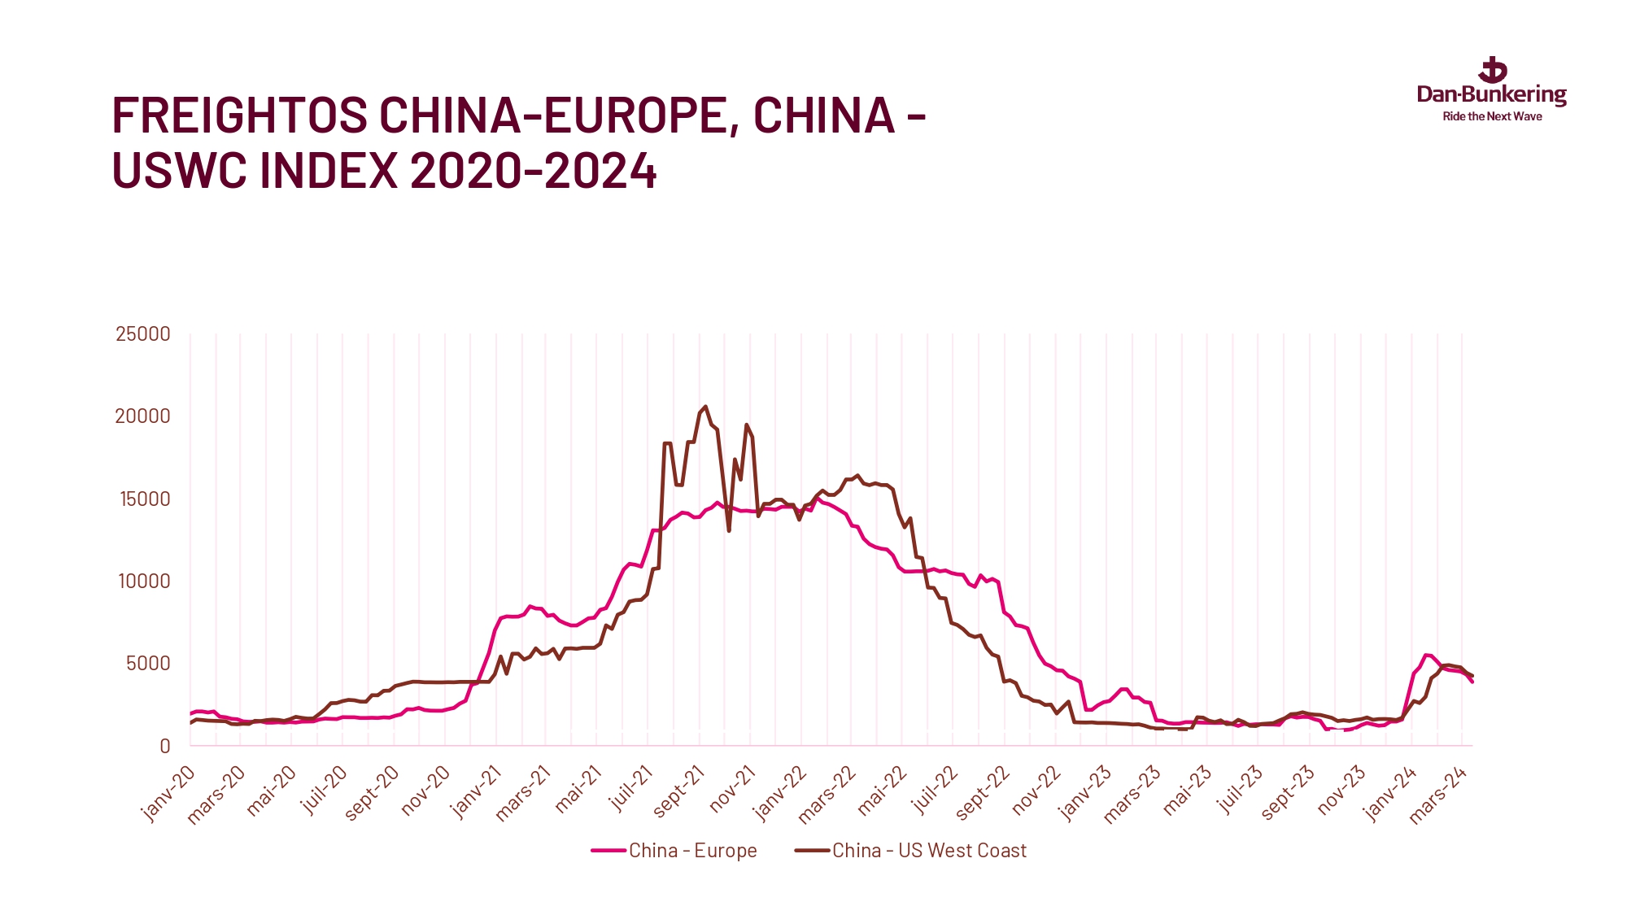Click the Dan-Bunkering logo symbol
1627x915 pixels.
point(1492,71)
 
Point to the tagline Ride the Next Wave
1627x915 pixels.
point(1492,117)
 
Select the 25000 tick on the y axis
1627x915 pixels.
point(143,334)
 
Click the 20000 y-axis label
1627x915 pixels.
point(143,416)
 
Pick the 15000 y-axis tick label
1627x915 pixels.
point(145,499)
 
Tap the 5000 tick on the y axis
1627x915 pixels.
point(148,664)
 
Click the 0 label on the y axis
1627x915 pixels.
point(165,746)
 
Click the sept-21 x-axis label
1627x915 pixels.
point(678,791)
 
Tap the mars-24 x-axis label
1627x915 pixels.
point(1438,795)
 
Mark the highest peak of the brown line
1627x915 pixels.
point(705,407)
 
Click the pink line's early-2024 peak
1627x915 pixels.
point(1426,655)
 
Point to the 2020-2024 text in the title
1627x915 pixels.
point(533,171)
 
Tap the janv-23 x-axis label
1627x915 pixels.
point(1085,793)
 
